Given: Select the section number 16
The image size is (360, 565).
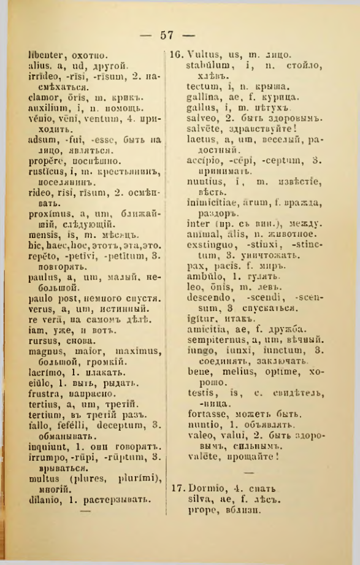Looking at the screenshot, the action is (x=177, y=55).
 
